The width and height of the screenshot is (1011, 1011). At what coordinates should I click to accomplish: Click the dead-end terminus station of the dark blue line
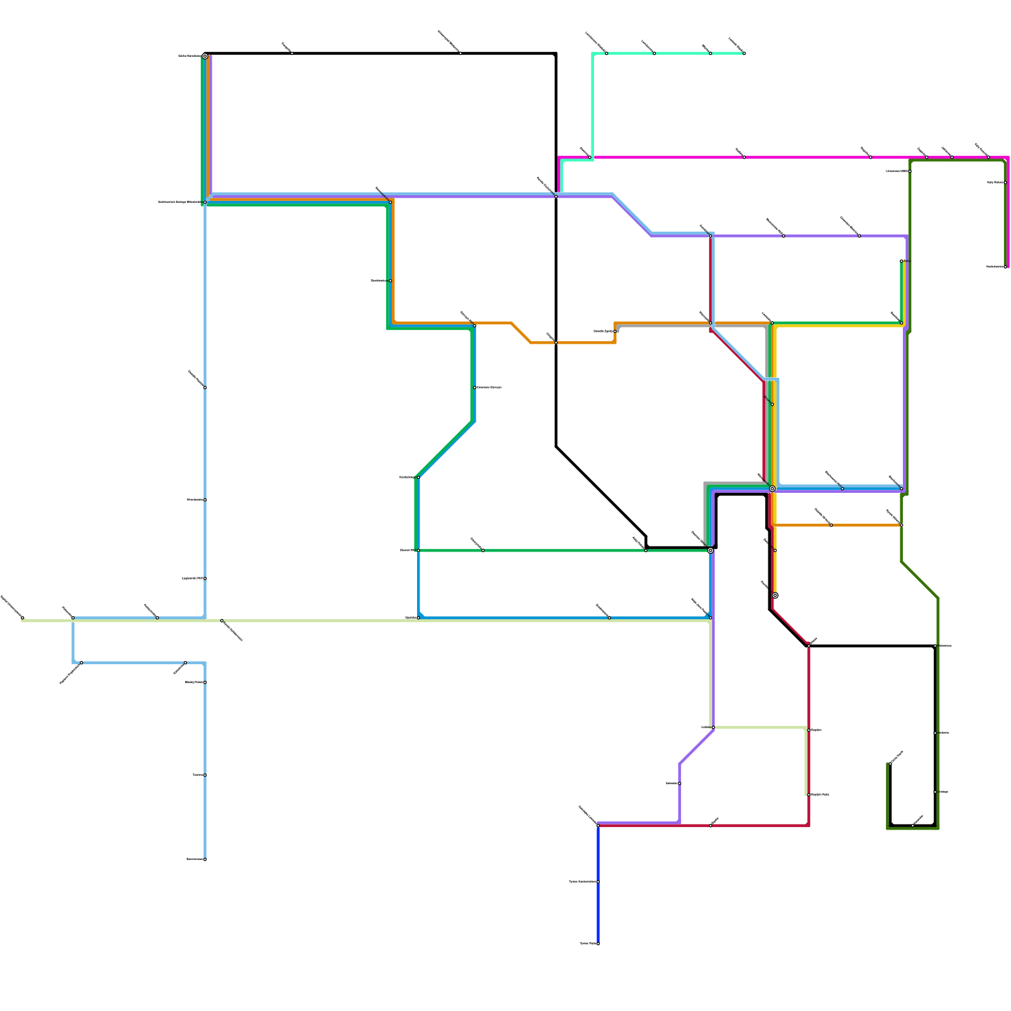598,943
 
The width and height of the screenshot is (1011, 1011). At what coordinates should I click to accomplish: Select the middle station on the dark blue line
598,881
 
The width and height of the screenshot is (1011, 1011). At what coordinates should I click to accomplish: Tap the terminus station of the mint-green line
744,54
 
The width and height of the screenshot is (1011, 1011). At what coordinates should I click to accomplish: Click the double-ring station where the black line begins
205,56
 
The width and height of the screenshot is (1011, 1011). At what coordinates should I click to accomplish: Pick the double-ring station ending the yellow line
775,595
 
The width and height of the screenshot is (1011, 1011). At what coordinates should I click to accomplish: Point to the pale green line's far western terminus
23,617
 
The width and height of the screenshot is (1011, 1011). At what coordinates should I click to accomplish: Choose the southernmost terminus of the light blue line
205,859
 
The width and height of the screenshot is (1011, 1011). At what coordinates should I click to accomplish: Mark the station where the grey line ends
615,331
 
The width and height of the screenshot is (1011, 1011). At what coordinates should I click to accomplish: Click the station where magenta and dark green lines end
1005,267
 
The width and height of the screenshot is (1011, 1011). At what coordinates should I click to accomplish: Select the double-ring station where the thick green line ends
710,550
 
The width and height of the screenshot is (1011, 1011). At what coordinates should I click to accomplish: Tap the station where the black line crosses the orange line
556,342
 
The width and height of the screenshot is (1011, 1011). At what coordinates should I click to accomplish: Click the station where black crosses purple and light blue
556,197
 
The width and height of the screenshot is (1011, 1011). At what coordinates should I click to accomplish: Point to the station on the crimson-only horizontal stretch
710,825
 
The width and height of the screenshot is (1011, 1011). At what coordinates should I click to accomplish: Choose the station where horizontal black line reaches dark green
935,646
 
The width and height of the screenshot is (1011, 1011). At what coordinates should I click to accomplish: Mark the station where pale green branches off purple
713,727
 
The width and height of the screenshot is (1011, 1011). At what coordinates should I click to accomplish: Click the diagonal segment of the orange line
521,332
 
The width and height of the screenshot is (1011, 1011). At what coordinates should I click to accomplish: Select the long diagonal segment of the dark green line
919,580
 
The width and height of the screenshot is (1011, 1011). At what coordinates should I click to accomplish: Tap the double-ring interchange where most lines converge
772,488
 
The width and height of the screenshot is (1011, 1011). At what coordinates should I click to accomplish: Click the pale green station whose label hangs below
222,621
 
